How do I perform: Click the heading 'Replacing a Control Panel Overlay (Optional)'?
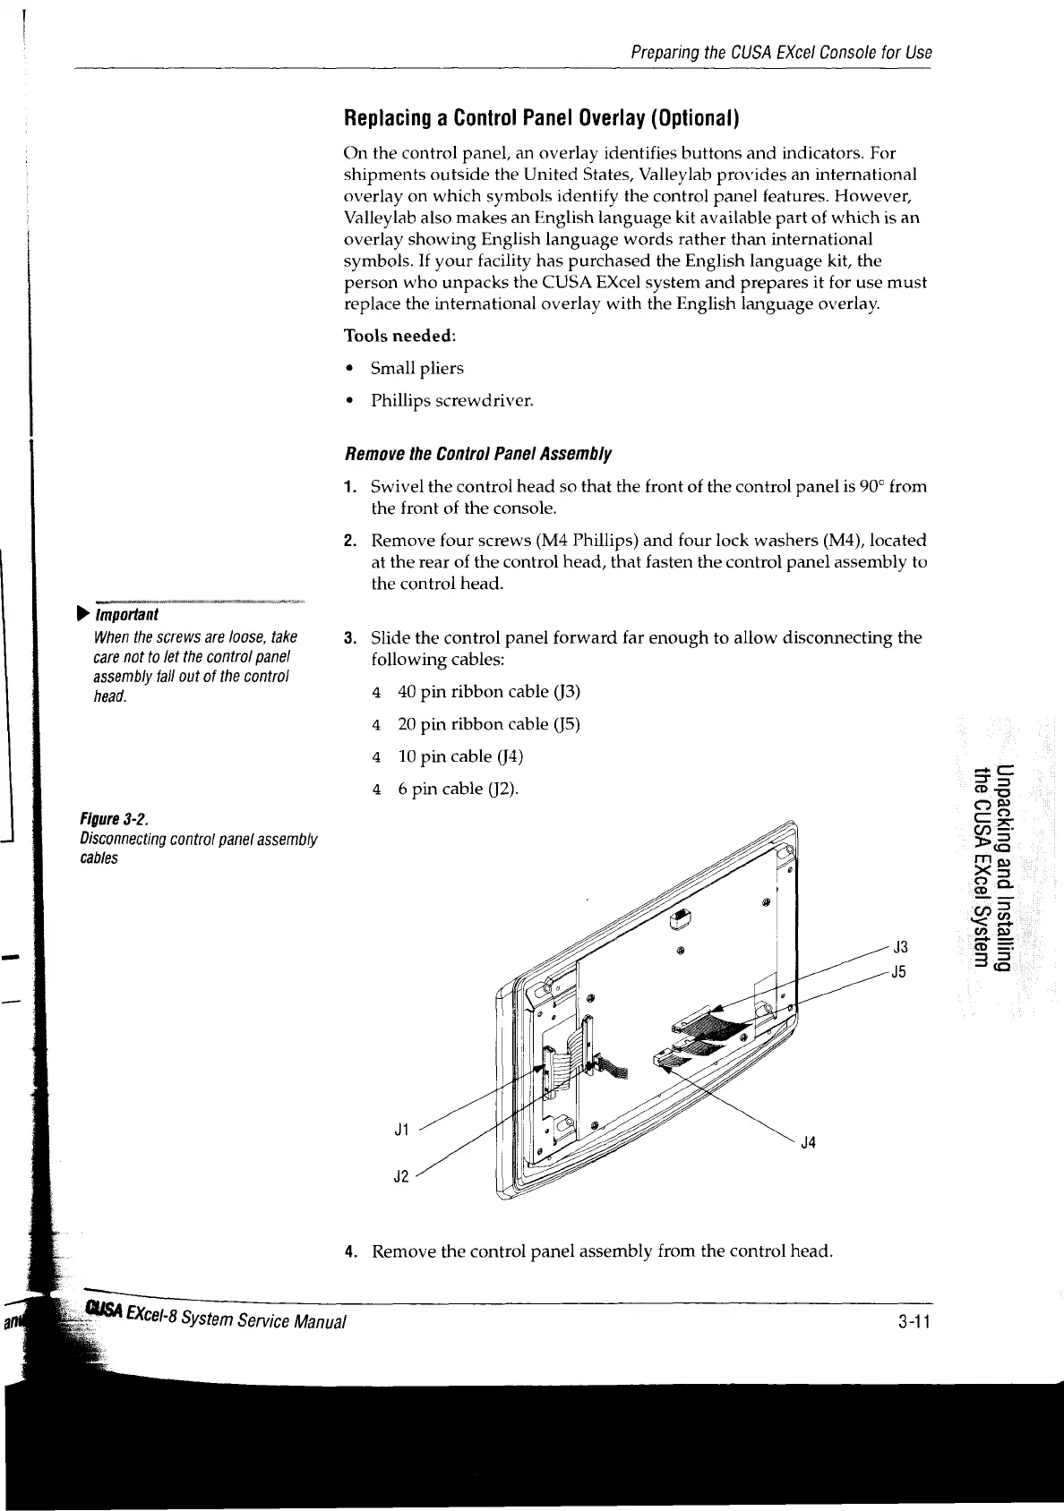[541, 118]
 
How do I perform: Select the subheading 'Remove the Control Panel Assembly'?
[478, 454]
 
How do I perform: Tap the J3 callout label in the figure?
[901, 947]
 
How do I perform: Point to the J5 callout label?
[901, 972]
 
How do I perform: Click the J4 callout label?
[808, 1142]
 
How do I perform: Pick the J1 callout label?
[402, 1130]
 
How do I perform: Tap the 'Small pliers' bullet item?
[417, 369]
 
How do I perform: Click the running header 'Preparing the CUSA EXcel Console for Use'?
[782, 53]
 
